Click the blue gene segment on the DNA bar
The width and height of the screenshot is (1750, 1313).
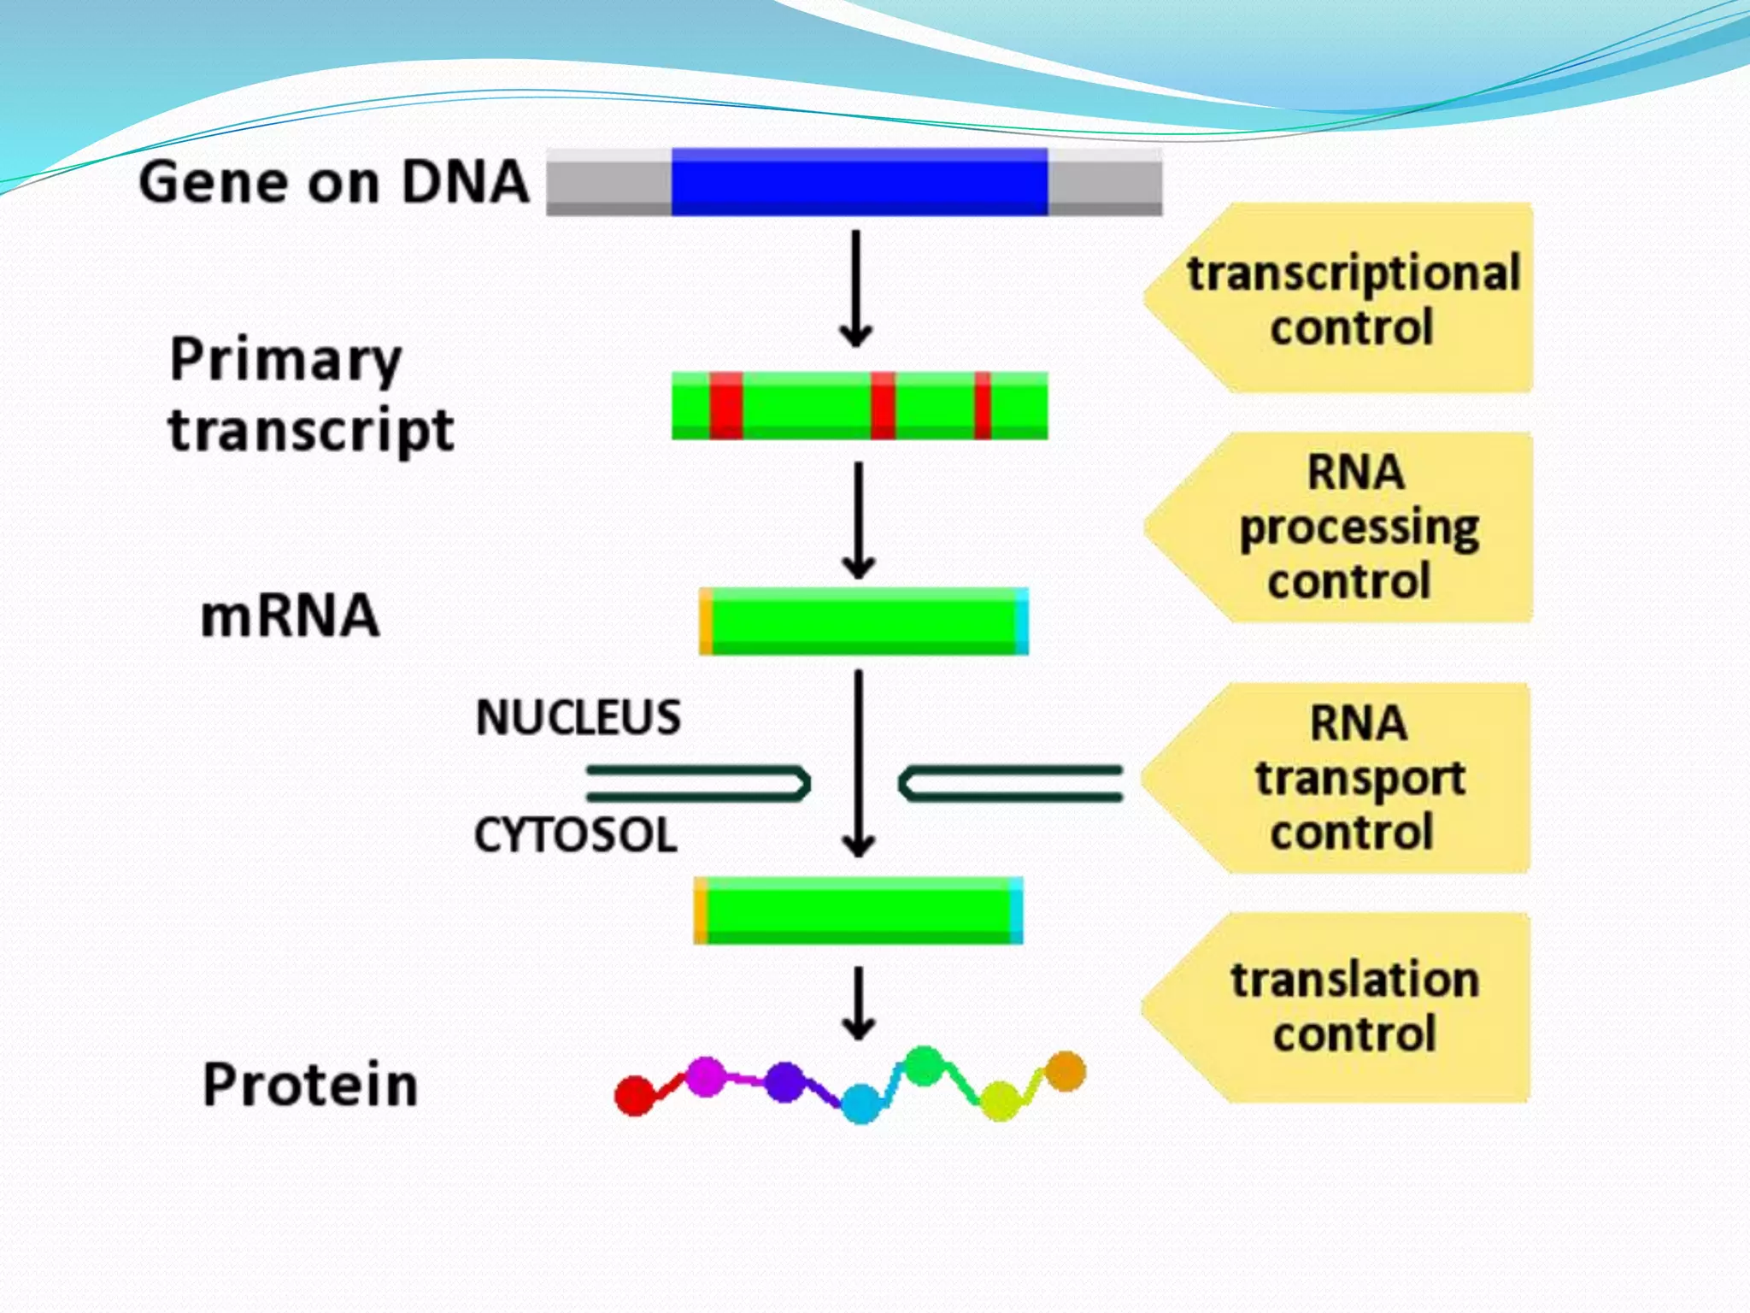click(859, 181)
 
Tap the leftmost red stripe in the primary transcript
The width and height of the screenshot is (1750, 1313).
click(725, 406)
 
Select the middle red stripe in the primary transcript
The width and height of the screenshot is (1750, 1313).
click(883, 406)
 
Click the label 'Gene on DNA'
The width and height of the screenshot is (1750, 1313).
click(333, 182)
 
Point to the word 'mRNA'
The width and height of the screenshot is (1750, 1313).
click(290, 615)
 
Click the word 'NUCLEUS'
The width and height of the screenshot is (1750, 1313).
click(578, 717)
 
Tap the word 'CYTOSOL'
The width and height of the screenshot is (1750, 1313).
click(575, 835)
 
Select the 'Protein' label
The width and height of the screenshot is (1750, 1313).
click(310, 1085)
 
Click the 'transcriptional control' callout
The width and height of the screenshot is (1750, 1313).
click(1350, 298)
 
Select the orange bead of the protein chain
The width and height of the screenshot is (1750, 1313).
click(1066, 1071)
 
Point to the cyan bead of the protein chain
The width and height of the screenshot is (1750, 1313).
click(860, 1104)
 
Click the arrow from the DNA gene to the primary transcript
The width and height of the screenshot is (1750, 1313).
click(855, 289)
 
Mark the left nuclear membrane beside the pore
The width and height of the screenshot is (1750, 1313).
click(696, 783)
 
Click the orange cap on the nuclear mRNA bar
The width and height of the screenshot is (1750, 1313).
click(706, 622)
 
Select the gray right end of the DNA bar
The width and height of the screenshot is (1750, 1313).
click(1105, 181)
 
